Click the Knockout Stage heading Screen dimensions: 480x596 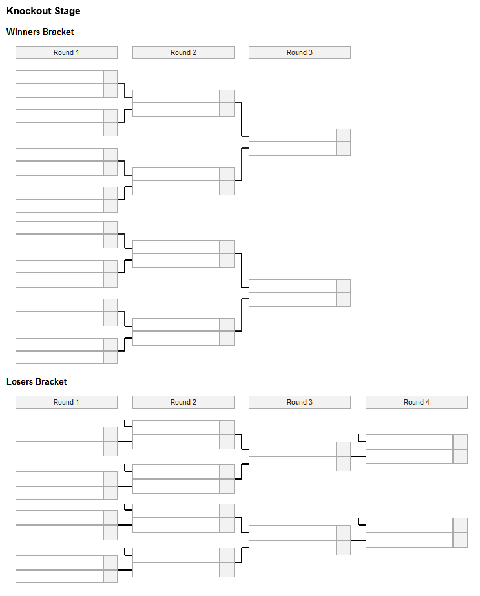point(43,10)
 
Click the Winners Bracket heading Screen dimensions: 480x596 point(40,32)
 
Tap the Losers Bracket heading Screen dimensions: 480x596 point(36,381)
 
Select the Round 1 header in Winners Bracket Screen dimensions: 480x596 point(67,52)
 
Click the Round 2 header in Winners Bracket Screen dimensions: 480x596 point(183,52)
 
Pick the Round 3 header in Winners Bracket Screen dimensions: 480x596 point(300,52)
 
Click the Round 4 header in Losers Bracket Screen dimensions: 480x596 point(417,402)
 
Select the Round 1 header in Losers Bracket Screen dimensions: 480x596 point(67,402)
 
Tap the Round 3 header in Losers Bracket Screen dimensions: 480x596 point(300,402)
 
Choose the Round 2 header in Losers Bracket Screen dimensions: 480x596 point(183,402)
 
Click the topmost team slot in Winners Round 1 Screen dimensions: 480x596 point(59,77)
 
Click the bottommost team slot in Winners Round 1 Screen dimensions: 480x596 point(59,357)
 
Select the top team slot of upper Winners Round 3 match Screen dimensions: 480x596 point(293,135)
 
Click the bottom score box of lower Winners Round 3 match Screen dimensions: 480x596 point(344,299)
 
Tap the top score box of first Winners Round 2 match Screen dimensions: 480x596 point(227,96)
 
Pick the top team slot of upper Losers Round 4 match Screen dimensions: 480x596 point(410,442)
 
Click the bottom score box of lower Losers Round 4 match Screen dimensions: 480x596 point(460,540)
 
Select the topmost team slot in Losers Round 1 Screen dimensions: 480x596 point(59,434)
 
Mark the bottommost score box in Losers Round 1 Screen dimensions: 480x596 point(110,576)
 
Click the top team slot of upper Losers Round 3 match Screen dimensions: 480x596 point(293,449)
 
